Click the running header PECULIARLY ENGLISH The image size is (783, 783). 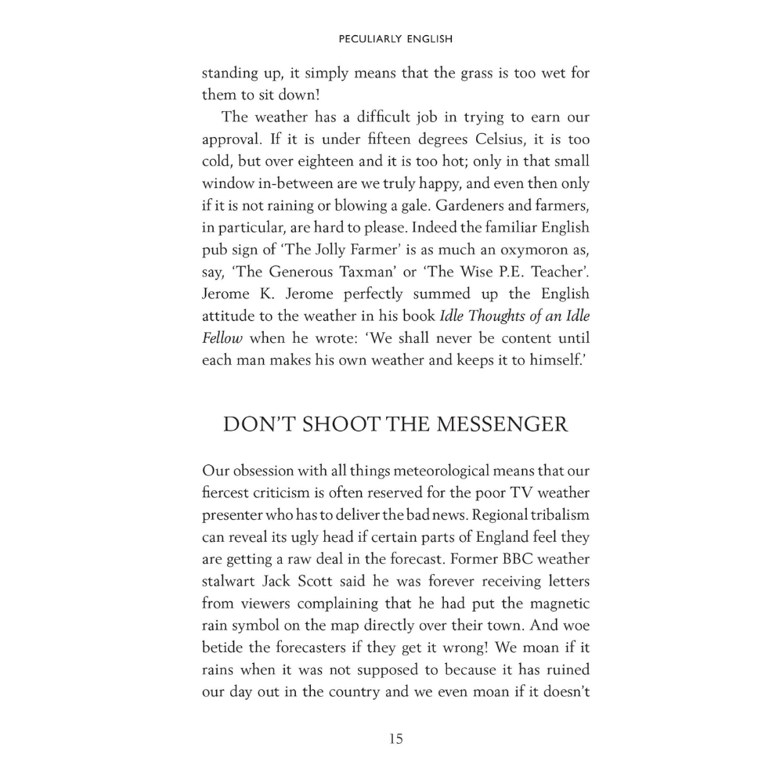click(x=395, y=38)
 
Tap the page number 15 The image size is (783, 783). click(x=395, y=738)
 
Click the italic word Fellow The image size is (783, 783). click(x=222, y=337)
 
